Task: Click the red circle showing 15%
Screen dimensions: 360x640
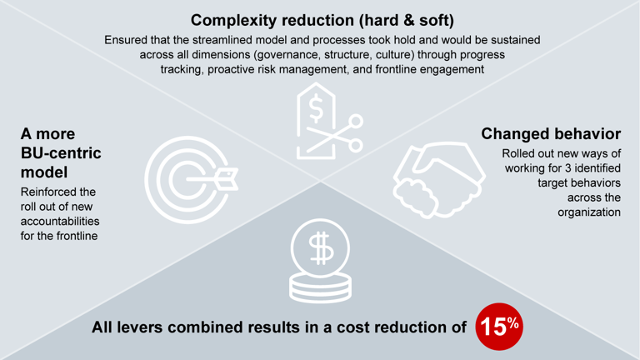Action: click(497, 326)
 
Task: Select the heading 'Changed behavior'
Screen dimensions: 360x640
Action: click(551, 133)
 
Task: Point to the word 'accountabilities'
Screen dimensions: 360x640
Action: click(60, 222)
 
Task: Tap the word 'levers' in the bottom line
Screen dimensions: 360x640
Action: click(150, 327)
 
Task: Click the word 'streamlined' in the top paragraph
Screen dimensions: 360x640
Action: click(225, 39)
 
